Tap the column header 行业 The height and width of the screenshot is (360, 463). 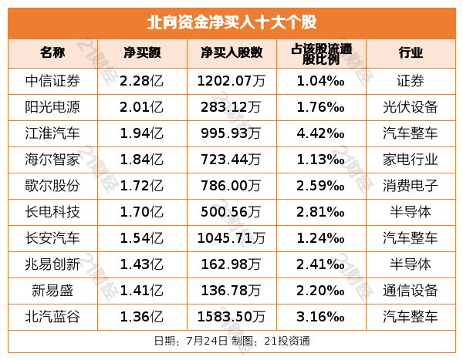[x=411, y=53]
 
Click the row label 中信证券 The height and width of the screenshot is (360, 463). [x=52, y=79]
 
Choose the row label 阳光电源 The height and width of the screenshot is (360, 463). [x=52, y=106]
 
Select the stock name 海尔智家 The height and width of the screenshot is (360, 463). [x=52, y=159]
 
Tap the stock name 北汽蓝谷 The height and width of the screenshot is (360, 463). [x=52, y=316]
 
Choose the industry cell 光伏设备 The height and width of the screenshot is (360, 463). [x=411, y=106]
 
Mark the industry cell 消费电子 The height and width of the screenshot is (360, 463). [x=411, y=185]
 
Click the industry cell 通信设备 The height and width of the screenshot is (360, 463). [x=411, y=290]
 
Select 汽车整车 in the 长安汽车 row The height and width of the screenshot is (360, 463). [x=411, y=237]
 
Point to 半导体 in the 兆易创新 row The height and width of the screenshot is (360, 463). [x=411, y=264]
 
